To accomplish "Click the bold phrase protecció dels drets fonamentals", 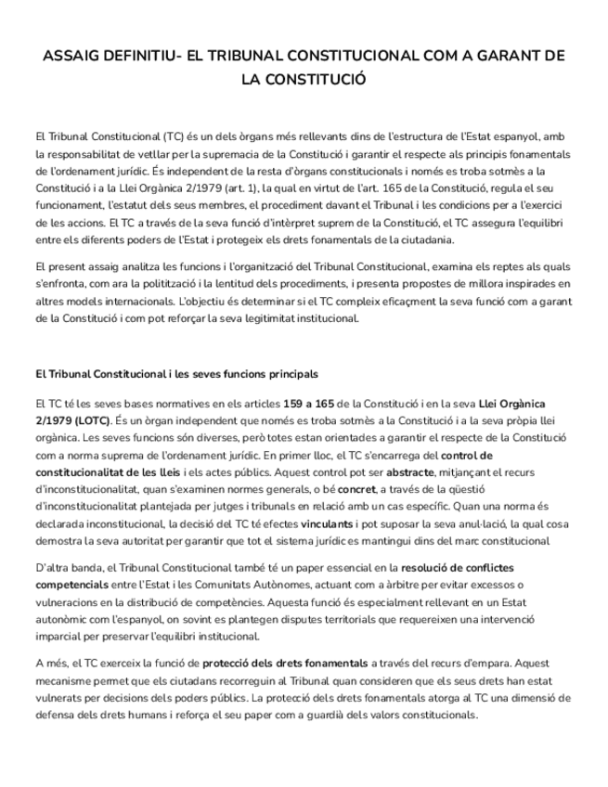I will [x=285, y=663].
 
